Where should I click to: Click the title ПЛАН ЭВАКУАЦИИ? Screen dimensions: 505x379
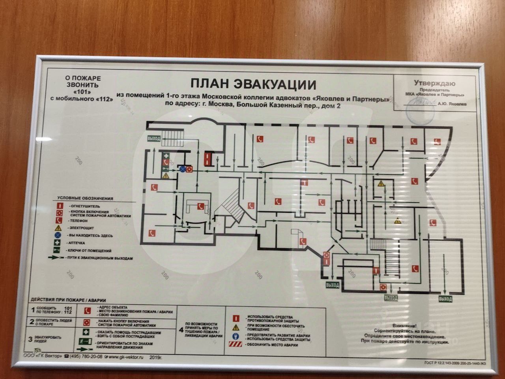click(x=253, y=84)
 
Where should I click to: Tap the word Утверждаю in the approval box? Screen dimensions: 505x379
click(x=434, y=83)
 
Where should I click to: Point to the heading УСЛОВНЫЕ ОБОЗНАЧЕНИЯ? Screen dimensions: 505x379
click(x=85, y=198)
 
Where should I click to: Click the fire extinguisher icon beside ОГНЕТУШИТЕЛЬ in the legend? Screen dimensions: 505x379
click(x=58, y=206)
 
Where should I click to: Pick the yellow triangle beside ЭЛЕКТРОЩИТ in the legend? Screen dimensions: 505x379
click(x=58, y=228)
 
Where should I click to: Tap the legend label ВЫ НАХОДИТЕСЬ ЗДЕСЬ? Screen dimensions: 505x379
click(x=90, y=236)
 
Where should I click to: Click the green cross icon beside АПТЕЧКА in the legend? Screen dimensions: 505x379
click(x=58, y=243)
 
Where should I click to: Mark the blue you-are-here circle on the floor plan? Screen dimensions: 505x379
click(x=183, y=169)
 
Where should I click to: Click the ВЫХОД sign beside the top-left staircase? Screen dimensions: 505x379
click(x=153, y=139)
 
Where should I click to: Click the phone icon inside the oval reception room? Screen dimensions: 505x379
click(x=201, y=205)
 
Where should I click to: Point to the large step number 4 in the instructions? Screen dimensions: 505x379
click(x=181, y=330)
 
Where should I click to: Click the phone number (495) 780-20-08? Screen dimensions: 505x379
click(x=86, y=356)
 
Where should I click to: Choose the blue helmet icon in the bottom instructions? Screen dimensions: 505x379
click(x=236, y=336)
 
